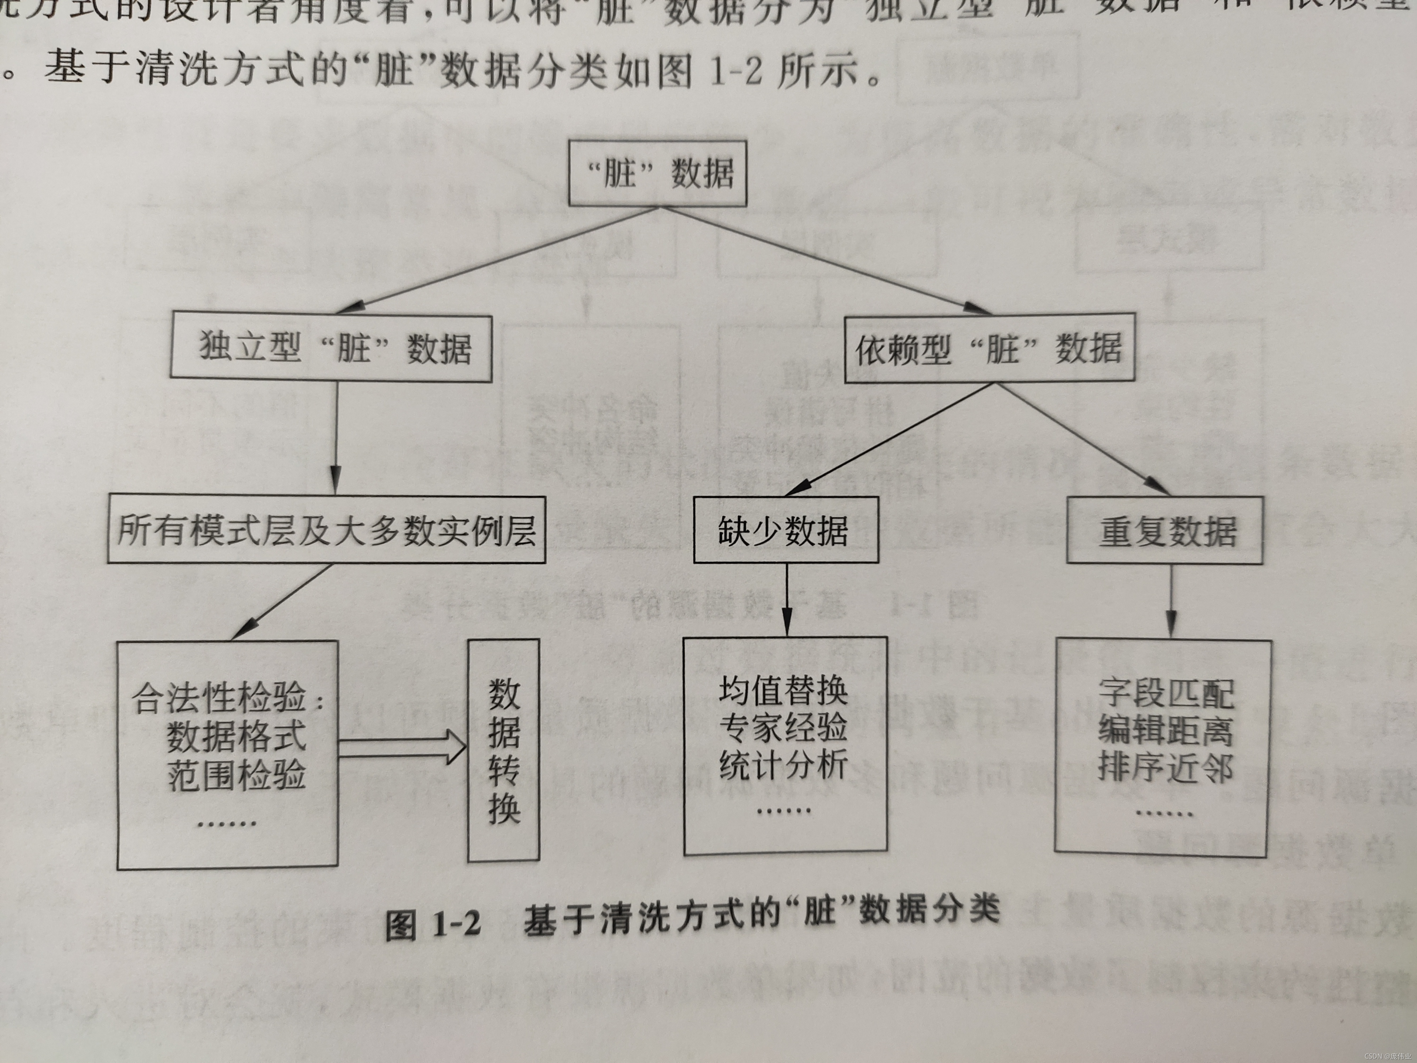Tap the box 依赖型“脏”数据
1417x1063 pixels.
pos(990,349)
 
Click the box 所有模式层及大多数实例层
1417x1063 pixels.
pos(326,530)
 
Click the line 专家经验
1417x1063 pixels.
pos(784,727)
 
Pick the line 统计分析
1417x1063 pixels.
pos(784,764)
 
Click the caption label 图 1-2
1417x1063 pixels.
pos(433,924)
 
